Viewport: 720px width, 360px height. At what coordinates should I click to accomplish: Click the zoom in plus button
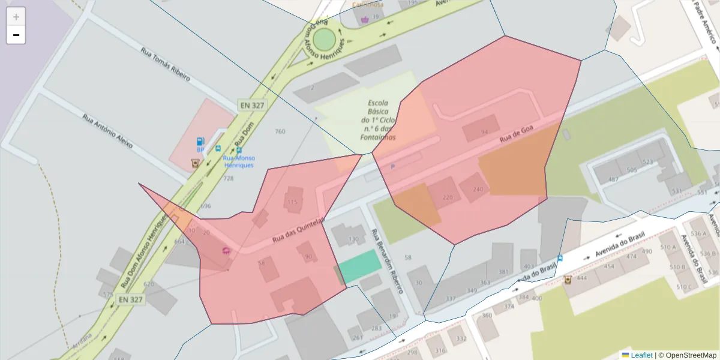[16, 16]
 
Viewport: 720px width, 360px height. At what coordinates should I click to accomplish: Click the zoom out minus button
[16, 35]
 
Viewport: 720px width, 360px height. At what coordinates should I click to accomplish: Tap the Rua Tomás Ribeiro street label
[165, 64]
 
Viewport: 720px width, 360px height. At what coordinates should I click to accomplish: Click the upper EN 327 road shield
[252, 105]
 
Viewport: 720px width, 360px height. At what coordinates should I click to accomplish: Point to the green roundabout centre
[324, 40]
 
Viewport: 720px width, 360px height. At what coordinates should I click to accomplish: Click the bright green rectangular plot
[359, 265]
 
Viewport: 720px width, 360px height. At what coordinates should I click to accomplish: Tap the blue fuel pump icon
[200, 142]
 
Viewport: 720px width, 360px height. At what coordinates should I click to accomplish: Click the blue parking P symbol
[393, 167]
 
